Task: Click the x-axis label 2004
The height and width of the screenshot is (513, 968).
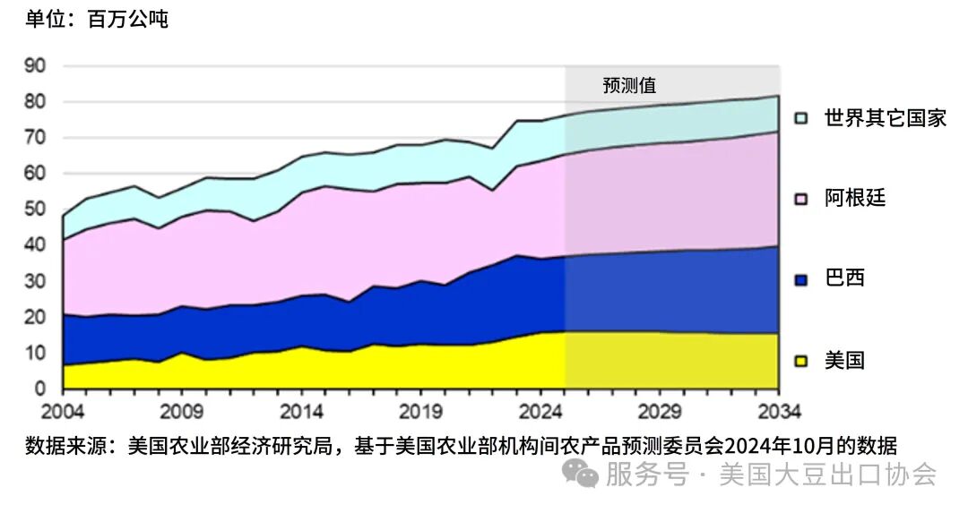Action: pos(63,413)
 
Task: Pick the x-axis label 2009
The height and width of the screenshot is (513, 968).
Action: pos(182,413)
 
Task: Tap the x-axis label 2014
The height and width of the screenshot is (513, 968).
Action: pos(301,413)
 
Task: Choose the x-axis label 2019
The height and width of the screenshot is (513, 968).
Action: pos(420,413)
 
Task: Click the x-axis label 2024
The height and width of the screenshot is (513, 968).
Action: pos(540,413)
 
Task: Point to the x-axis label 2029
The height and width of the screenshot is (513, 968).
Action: pos(660,413)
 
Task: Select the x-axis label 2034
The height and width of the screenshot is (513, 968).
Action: pos(778,413)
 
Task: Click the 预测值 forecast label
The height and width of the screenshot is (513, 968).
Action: pos(629,86)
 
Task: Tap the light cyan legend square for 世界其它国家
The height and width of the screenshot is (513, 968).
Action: pos(801,118)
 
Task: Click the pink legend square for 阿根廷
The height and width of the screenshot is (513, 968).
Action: pos(801,199)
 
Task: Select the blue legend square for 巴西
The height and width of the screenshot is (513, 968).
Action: pos(801,279)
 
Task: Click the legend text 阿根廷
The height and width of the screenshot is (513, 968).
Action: pos(854,198)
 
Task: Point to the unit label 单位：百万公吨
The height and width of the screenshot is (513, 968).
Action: pos(96,19)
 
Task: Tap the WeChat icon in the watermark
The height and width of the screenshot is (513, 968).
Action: pos(585,475)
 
